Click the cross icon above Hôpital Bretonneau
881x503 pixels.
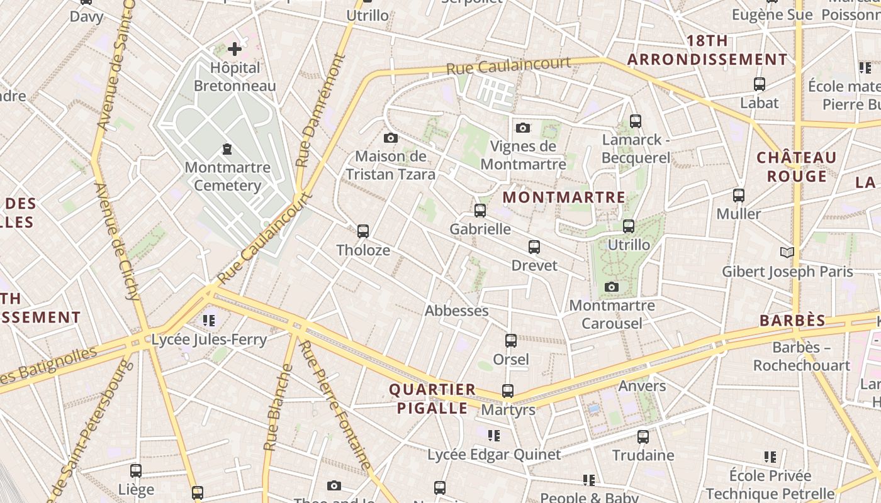[x=235, y=48]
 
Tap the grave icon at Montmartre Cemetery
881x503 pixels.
[x=227, y=149]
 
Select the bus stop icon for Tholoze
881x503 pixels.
[x=362, y=231]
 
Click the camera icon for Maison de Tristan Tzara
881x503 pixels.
[x=390, y=138]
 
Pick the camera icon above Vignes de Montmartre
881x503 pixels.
[x=522, y=128]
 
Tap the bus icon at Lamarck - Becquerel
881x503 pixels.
[x=636, y=121]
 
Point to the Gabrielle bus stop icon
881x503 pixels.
[x=480, y=210]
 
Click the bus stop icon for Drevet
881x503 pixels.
[x=534, y=246]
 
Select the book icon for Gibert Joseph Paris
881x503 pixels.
[x=787, y=252]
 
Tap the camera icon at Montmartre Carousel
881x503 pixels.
[x=611, y=287]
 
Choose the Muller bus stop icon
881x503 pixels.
[x=739, y=195]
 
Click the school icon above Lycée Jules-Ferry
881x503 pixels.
[x=209, y=321]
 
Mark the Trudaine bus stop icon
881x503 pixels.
[x=643, y=436]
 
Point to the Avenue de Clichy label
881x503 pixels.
[x=118, y=242]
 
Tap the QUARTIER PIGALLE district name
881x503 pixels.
[x=432, y=399]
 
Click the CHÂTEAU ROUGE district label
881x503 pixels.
[x=797, y=167]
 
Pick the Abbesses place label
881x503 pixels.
[x=457, y=311]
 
